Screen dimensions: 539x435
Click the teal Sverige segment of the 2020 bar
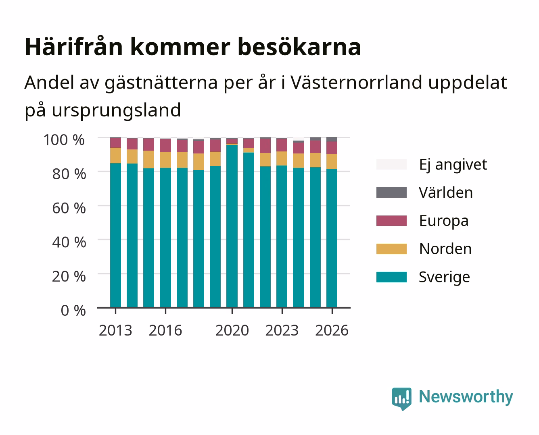coord(232,226)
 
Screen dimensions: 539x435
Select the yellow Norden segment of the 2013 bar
coord(115,155)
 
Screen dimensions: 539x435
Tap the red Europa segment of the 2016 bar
coord(165,145)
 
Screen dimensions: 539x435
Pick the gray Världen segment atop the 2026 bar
coord(332,139)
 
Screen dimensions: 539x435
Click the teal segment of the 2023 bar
coord(282,236)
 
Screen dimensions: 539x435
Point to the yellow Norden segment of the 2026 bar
coord(332,162)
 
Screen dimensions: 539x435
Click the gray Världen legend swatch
coord(391,193)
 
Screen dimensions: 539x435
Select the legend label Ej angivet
coord(453,165)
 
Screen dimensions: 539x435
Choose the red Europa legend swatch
coord(391,221)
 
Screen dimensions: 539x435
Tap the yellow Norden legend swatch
coord(391,249)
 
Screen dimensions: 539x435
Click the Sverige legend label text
coord(444,277)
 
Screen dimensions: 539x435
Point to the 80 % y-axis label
coord(69,174)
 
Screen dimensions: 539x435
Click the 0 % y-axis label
coord(73,311)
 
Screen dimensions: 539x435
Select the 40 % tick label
coord(69,242)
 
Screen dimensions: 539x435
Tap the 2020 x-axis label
coord(232,330)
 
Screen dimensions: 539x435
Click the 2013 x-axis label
coord(115,330)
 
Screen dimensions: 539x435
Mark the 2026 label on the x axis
coord(332,330)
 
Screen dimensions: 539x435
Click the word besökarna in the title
coord(299,47)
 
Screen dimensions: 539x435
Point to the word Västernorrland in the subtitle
coord(356,82)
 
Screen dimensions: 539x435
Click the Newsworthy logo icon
coord(401,399)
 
